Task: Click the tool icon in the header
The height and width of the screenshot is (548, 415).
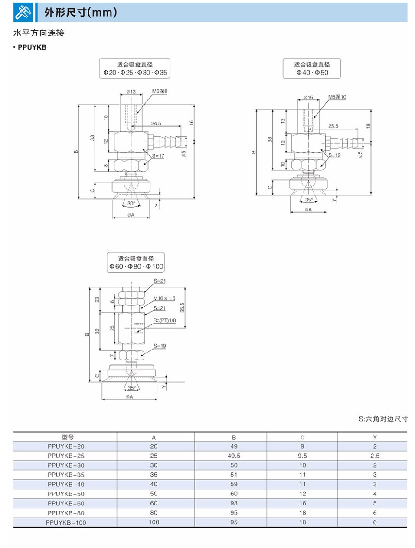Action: (x=23, y=12)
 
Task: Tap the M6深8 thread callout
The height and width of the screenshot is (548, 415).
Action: (x=160, y=91)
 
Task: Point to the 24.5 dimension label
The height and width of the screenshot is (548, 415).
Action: (x=156, y=123)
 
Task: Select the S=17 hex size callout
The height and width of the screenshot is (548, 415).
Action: (x=158, y=155)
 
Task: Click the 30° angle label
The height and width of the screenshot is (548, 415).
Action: (x=131, y=203)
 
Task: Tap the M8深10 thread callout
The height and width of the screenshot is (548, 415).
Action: (x=337, y=97)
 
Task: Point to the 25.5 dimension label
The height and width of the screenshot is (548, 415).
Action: (x=333, y=126)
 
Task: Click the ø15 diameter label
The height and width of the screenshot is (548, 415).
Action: (x=308, y=97)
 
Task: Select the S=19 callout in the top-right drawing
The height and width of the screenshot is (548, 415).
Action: (x=334, y=155)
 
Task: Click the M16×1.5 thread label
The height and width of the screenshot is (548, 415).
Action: (x=164, y=298)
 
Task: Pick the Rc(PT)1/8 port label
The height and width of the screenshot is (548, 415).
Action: (x=164, y=320)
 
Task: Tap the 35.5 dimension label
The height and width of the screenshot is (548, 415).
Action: (x=182, y=307)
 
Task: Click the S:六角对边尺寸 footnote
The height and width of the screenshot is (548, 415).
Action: (x=383, y=419)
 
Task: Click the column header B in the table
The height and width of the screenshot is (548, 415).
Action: (x=234, y=437)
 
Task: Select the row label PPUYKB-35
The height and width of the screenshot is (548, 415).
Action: (x=66, y=475)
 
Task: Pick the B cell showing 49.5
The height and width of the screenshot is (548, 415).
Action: (x=234, y=456)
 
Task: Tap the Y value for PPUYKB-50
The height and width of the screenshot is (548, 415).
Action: (x=375, y=494)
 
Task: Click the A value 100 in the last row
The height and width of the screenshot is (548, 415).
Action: (x=154, y=522)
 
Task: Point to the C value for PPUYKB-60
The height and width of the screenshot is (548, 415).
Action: (x=302, y=503)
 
